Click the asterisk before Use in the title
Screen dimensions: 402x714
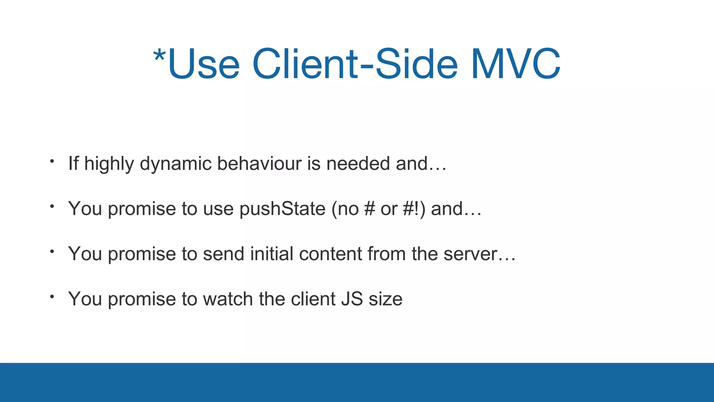click(x=159, y=56)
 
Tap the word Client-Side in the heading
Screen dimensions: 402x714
click(x=355, y=64)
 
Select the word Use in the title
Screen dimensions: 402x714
click(x=204, y=64)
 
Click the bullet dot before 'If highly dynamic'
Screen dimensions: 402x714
click(x=52, y=161)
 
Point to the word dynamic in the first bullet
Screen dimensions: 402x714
click(x=175, y=164)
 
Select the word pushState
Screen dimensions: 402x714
click(x=282, y=209)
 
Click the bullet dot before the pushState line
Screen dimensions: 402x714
click(x=52, y=206)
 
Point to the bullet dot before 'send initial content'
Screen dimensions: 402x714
click(x=52, y=251)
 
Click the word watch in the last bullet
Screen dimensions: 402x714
click(x=228, y=299)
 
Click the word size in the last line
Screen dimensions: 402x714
click(x=386, y=299)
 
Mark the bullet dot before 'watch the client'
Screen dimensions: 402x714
click(x=52, y=297)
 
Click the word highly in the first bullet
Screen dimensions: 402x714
click(x=109, y=164)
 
